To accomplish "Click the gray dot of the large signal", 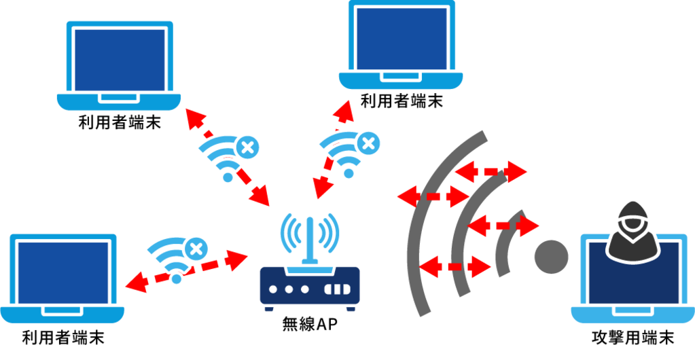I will click(x=550, y=256).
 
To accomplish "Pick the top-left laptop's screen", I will click(x=120, y=58).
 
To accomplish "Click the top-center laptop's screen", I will click(x=401, y=37).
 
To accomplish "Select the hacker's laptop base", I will click(x=632, y=314).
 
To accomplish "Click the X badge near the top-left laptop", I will click(x=247, y=146).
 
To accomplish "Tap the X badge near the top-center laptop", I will click(x=368, y=143).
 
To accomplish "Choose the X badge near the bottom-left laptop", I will click(x=196, y=249).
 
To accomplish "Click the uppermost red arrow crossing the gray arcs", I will click(x=491, y=171).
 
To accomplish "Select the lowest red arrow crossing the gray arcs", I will click(x=455, y=267).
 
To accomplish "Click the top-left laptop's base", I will click(x=120, y=102).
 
